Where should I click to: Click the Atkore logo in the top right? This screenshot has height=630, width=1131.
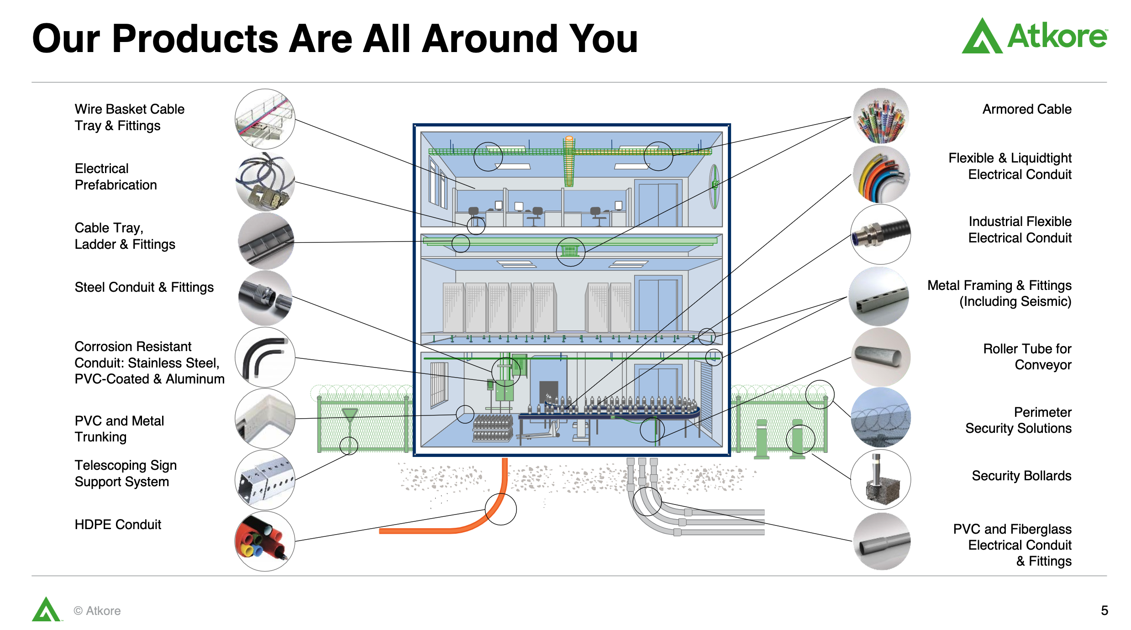tap(1034, 36)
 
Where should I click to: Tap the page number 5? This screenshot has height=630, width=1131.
tap(1105, 610)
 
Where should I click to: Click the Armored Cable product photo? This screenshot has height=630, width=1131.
tap(881, 116)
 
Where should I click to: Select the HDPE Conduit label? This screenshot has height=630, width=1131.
tap(118, 525)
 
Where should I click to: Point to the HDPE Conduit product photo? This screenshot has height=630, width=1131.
tap(265, 541)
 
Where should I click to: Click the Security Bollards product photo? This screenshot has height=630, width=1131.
tap(881, 479)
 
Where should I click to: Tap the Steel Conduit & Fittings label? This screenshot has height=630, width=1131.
tap(144, 287)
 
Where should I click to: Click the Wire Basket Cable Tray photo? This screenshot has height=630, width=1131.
tap(265, 119)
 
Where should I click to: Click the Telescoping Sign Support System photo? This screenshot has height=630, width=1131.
tap(265, 480)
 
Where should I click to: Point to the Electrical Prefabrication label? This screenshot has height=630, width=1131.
tap(116, 177)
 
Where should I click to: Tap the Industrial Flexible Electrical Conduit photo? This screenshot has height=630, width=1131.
tap(881, 234)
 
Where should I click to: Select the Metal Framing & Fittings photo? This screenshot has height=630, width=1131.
tap(879, 296)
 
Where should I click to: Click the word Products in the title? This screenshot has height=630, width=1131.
tap(195, 39)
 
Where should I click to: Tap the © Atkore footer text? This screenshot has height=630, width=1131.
tap(97, 611)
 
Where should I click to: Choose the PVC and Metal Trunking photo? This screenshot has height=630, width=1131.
tap(265, 418)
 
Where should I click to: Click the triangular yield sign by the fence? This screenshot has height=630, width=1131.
tap(350, 414)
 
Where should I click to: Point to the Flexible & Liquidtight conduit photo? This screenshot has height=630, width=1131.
tap(881, 175)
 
